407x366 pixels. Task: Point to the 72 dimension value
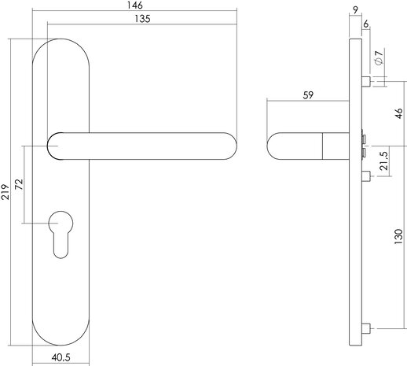click(19, 187)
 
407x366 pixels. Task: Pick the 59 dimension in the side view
click(308, 95)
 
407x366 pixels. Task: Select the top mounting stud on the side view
click(365, 81)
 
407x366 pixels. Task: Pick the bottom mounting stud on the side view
click(365, 329)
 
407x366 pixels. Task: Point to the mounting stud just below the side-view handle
click(365, 175)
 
